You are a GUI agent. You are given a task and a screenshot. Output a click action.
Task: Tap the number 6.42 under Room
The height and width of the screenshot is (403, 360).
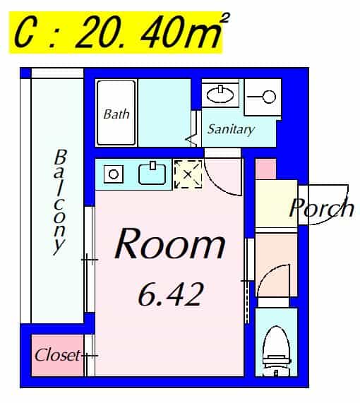171,294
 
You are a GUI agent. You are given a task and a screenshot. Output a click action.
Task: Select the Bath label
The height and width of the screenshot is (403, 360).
116,114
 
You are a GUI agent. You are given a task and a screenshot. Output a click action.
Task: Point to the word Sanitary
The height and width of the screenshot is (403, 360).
231,129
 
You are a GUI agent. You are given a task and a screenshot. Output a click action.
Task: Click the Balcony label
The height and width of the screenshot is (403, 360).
60,203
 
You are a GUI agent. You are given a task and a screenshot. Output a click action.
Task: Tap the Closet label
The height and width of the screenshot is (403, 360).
57,355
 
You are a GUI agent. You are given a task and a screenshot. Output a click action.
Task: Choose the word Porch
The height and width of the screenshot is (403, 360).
321,207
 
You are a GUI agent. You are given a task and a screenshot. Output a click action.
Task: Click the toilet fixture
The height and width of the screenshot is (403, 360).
277,351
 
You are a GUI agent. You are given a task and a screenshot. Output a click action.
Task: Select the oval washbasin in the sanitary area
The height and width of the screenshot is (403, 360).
220,95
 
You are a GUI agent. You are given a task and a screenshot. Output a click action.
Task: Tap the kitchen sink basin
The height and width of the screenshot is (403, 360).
152,174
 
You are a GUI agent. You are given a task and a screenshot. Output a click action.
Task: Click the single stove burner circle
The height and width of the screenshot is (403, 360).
114,174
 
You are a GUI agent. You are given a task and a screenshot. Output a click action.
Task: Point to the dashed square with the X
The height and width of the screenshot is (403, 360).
188,174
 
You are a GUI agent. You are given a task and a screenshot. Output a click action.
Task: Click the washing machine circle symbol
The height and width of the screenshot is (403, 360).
270,97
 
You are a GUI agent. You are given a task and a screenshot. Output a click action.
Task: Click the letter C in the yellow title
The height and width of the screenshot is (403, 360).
24,33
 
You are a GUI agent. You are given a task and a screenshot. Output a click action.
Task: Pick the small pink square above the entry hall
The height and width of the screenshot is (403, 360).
266,169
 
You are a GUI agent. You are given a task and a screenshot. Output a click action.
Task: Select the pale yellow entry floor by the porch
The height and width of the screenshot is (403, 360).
277,203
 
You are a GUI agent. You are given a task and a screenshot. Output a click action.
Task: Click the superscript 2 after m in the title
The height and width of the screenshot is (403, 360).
224,18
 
